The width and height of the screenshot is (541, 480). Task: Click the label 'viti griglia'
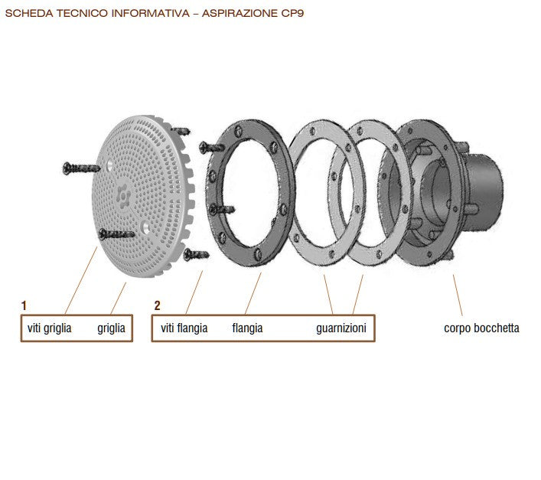(x=49, y=328)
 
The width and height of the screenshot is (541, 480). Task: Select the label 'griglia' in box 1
(x=111, y=328)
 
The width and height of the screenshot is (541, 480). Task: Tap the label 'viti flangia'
(x=184, y=328)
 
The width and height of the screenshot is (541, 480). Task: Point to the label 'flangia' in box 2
(x=247, y=328)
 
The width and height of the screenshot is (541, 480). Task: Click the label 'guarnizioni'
(x=341, y=328)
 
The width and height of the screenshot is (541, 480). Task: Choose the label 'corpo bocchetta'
(x=481, y=328)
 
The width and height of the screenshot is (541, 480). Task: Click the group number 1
(x=24, y=305)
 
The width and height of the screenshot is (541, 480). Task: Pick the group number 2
(x=157, y=305)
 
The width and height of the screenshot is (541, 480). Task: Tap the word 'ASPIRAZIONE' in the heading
(x=240, y=13)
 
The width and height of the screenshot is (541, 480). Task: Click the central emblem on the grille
(x=123, y=196)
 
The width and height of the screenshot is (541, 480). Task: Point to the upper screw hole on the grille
(x=109, y=165)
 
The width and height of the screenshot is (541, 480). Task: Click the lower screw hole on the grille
(x=146, y=227)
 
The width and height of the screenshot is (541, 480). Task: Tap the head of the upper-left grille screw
(x=67, y=168)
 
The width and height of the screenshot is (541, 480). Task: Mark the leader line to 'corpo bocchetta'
(x=458, y=295)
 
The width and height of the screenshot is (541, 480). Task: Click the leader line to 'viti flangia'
(x=194, y=292)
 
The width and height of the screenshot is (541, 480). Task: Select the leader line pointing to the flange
(x=253, y=293)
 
